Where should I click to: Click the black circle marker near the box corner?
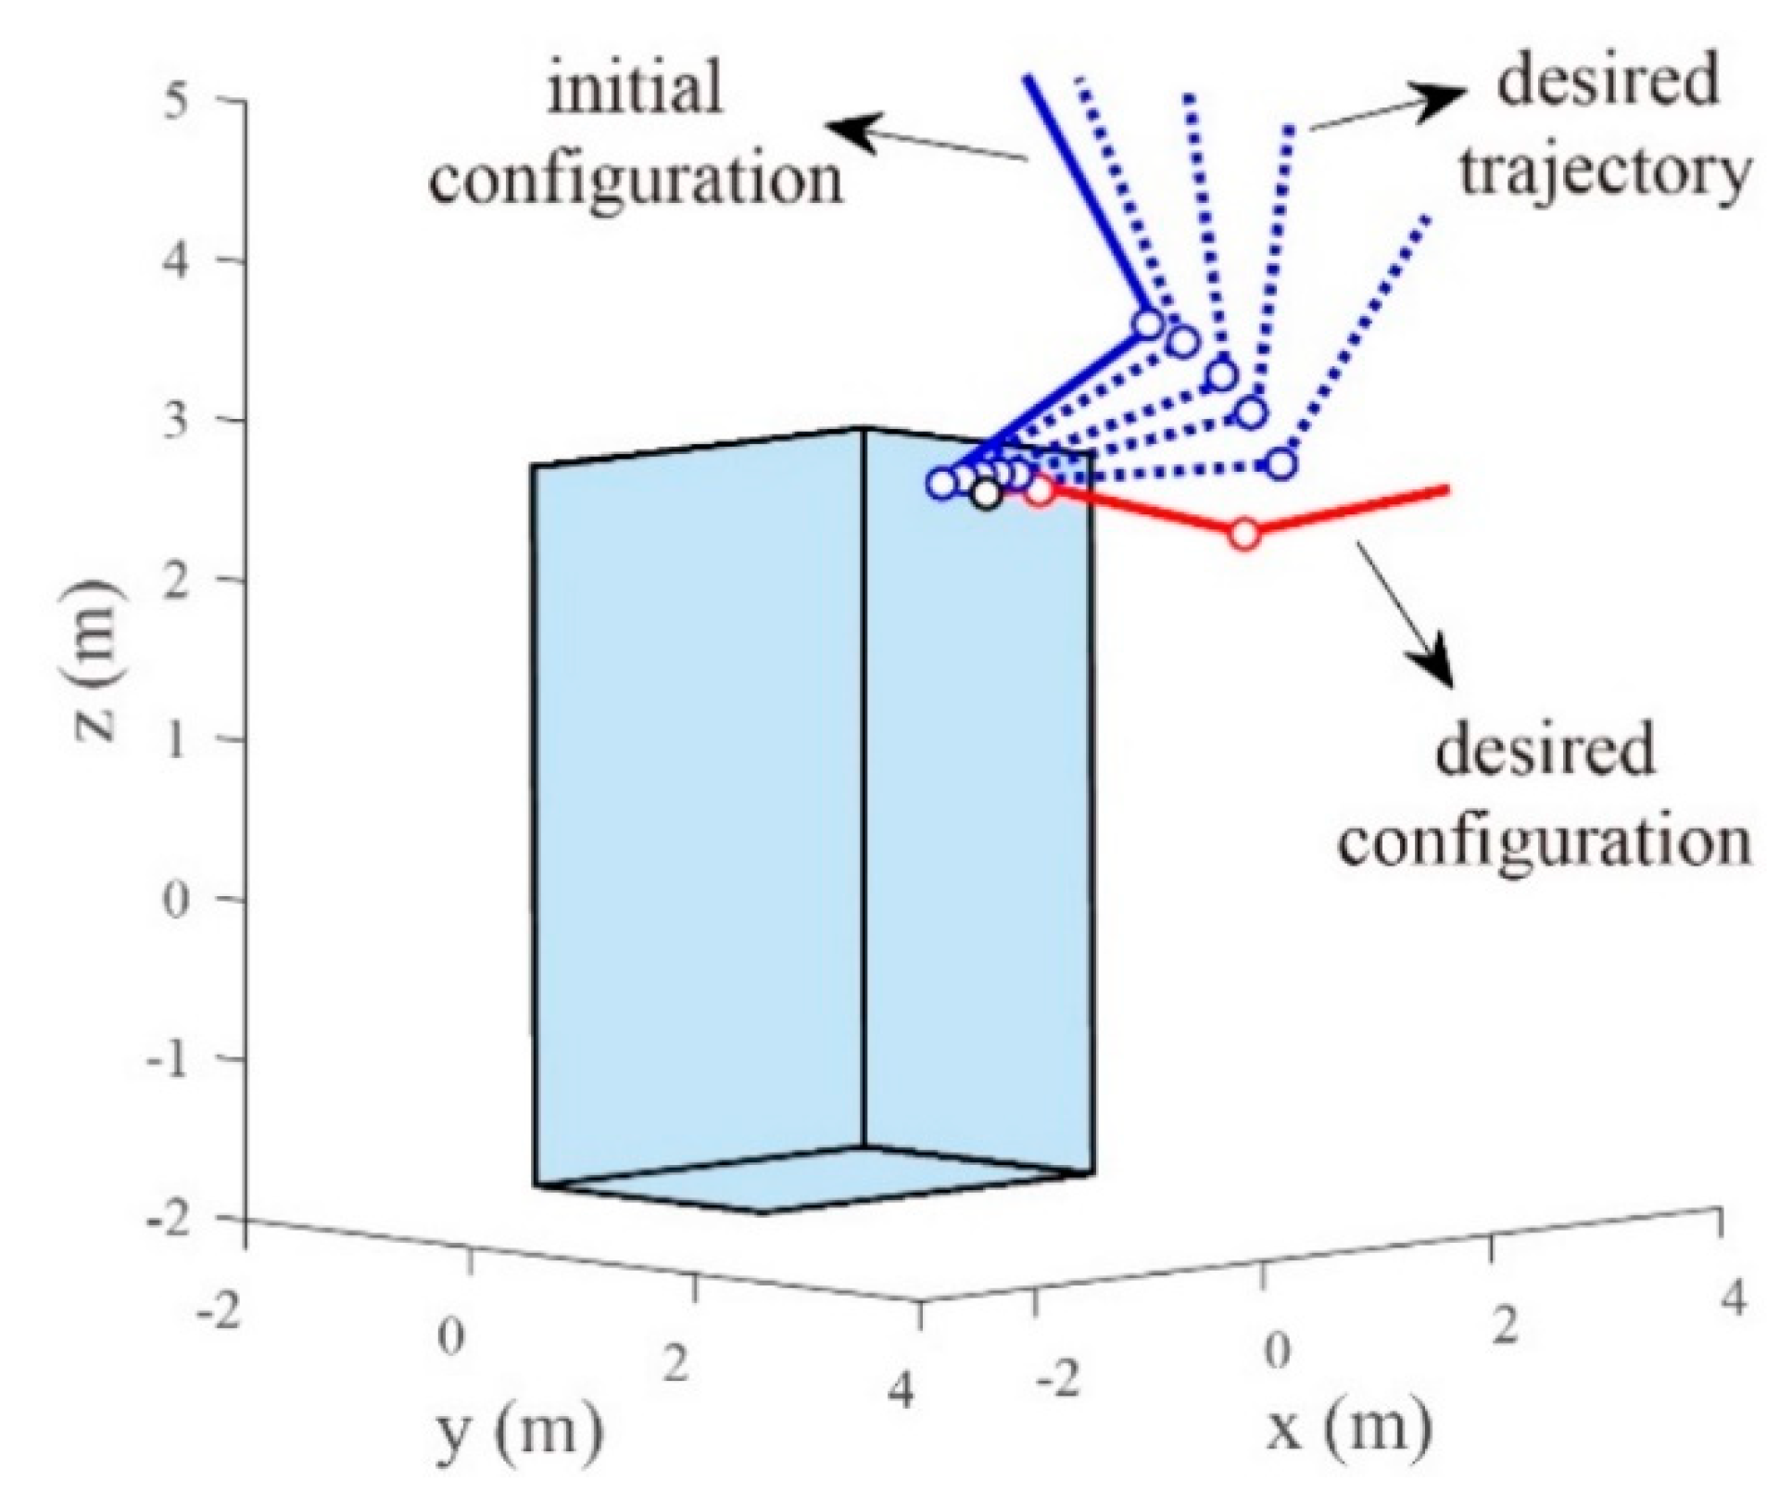point(988,495)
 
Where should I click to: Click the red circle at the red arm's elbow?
point(1245,535)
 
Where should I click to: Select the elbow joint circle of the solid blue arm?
point(1148,324)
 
